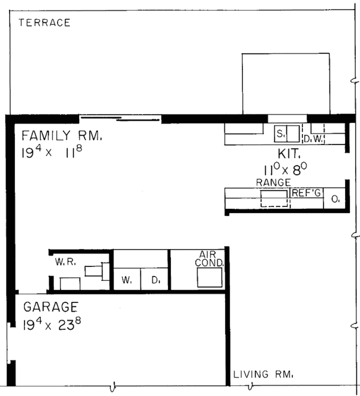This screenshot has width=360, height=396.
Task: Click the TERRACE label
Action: (x=44, y=23)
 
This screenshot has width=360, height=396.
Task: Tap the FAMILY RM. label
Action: (x=62, y=136)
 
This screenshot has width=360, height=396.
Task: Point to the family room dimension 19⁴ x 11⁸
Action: (x=52, y=152)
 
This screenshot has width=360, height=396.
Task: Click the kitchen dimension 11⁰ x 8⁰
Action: (x=286, y=169)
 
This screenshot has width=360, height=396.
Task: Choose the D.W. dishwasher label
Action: (x=313, y=139)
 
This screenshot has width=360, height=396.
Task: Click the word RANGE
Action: (x=274, y=182)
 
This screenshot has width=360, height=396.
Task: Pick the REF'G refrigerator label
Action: (x=306, y=193)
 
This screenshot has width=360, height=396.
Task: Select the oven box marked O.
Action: (x=334, y=199)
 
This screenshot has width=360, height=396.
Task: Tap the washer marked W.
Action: (x=127, y=279)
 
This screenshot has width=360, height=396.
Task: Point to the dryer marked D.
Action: (x=154, y=279)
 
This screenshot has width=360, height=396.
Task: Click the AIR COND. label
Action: (x=209, y=259)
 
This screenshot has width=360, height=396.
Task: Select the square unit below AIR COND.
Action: (x=209, y=277)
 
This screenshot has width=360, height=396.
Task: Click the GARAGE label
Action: (x=50, y=307)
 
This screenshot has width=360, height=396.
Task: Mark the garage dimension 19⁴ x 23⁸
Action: (x=52, y=324)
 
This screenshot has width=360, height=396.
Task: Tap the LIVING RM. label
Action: (x=263, y=374)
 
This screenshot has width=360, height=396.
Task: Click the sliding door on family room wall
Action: (x=120, y=118)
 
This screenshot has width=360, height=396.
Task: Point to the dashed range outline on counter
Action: (x=274, y=199)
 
